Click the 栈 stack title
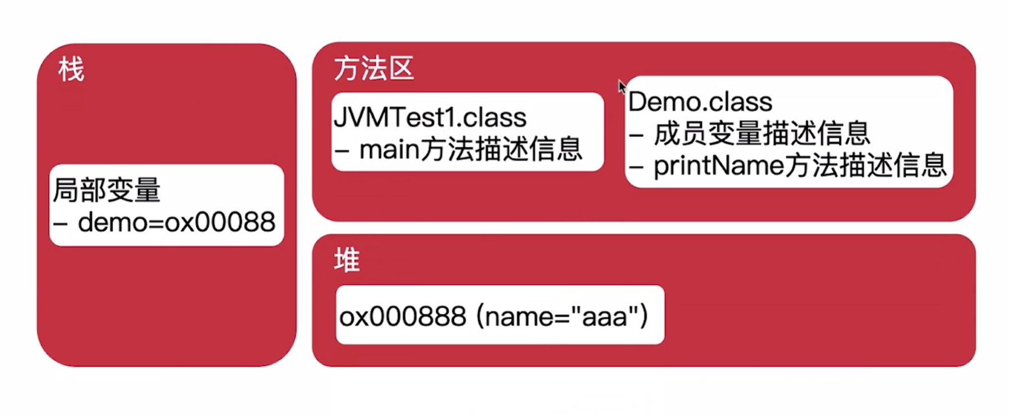point(71,70)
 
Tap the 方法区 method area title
point(373,69)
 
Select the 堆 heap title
point(346,260)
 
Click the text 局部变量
point(106,190)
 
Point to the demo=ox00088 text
point(176,223)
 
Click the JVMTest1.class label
point(430,118)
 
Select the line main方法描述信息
point(470,150)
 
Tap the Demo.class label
point(700,102)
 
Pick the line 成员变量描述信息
point(762,134)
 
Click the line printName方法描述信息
point(800,166)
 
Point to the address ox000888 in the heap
point(403,317)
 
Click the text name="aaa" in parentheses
point(562,317)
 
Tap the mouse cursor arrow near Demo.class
point(621,87)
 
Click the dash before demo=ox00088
point(60,224)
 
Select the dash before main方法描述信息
point(341,151)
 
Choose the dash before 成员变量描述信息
point(636,136)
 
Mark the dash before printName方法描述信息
point(636,168)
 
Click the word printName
point(718,166)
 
